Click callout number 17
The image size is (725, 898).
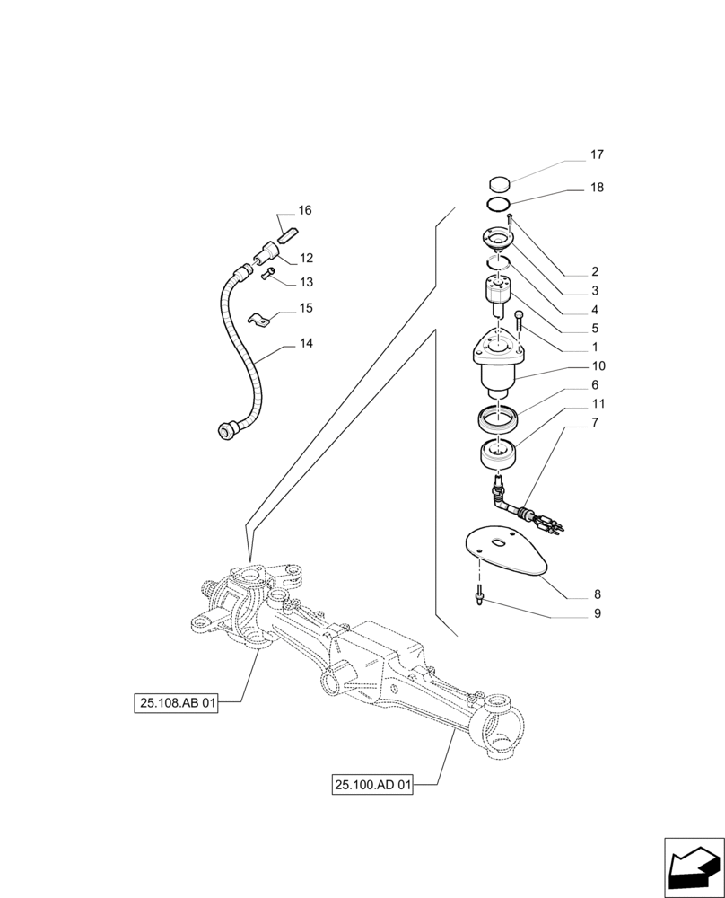(x=597, y=154)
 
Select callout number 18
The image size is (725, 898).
(x=597, y=188)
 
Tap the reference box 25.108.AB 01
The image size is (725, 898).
(x=178, y=703)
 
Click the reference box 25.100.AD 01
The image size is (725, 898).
(x=372, y=786)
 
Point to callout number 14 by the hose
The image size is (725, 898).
(x=306, y=343)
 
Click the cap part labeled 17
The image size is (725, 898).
(x=500, y=185)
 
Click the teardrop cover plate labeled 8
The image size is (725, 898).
(x=509, y=553)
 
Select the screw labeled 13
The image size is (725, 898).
(x=267, y=276)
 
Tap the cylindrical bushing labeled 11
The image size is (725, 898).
(x=499, y=453)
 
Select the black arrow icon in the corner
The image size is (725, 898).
(x=692, y=866)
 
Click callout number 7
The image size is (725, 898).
(x=597, y=421)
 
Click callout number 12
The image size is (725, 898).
(x=306, y=258)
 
